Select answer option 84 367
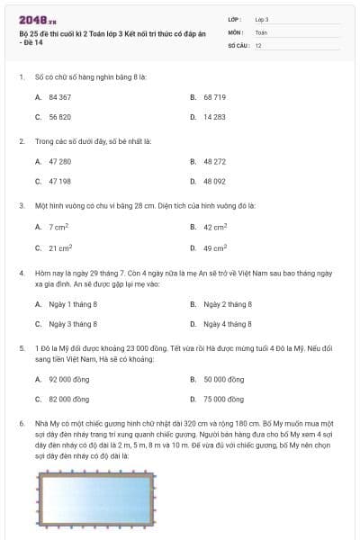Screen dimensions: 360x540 coord(59,95)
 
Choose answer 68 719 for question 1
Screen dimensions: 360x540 coord(214,95)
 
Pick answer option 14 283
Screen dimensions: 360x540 coord(214,117)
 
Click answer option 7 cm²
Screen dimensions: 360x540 coord(59,227)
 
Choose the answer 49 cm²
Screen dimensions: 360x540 coord(214,248)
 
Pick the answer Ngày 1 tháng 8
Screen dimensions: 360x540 coord(73,304)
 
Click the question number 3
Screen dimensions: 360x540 coord(21,205)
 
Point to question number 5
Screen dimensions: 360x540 coord(21,346)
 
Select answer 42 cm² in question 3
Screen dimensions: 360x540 coord(214,227)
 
